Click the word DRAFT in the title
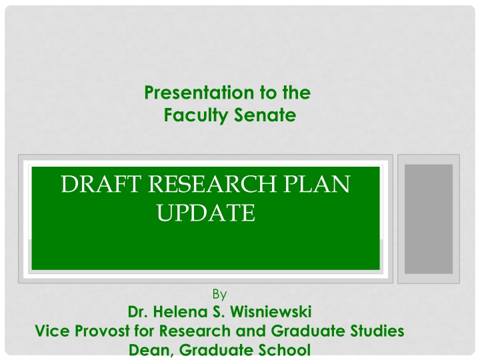[101, 184]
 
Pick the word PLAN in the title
[317, 184]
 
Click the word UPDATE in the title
[206, 213]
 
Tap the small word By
[219, 294]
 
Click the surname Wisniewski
[271, 311]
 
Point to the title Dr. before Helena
[138, 311]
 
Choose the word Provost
[102, 331]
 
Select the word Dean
[151, 350]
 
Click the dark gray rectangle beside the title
[429, 219]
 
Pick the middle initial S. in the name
[219, 311]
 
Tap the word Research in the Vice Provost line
[195, 331]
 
